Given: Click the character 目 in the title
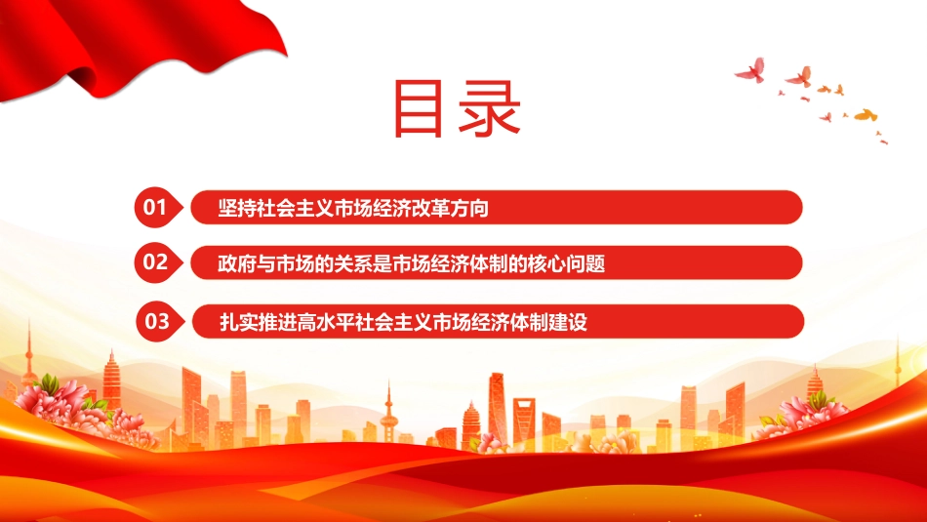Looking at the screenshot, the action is pyautogui.click(x=418, y=109).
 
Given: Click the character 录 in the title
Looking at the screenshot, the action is pyautogui.click(x=489, y=108).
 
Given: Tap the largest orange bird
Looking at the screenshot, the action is pyautogui.click(x=866, y=115).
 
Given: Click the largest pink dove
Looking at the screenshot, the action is pyautogui.click(x=750, y=69).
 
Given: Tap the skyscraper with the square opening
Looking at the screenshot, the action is pyautogui.click(x=524, y=421).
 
